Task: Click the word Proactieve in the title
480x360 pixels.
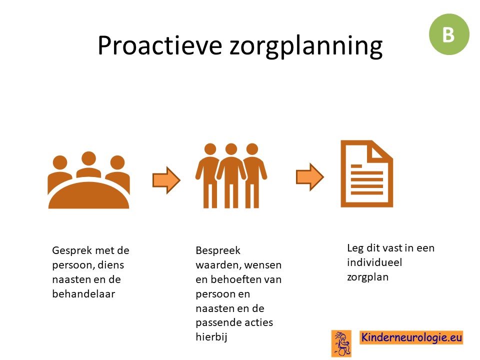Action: point(159,45)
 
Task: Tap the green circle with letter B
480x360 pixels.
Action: point(449,34)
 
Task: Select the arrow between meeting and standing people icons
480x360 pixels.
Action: point(166,180)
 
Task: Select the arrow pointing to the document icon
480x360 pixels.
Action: point(310,177)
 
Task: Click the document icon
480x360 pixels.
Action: point(366,173)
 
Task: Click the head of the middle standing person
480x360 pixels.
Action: point(231,149)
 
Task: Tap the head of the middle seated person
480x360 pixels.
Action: point(89,159)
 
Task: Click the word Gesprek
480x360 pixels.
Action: point(71,250)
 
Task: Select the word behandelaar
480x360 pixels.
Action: point(83,294)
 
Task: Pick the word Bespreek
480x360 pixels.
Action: point(218,250)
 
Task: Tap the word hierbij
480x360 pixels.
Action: point(211,337)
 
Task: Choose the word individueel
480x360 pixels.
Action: point(374,262)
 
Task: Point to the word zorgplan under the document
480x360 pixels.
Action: point(367,277)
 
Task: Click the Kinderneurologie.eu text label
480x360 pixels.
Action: point(411,337)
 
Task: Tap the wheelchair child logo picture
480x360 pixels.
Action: point(341,343)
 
